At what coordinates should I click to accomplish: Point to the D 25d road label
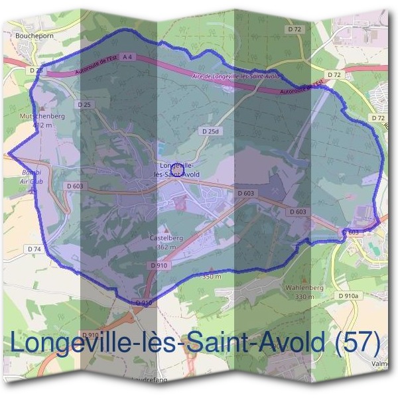pos(210,132)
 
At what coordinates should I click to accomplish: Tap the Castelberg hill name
pos(166,237)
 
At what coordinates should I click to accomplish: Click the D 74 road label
pos(35,248)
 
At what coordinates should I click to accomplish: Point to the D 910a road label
pos(348,296)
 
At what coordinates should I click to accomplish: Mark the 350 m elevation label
pos(211,276)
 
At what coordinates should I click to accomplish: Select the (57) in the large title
pos(358,342)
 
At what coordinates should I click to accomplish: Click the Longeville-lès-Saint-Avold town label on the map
pos(176,169)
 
